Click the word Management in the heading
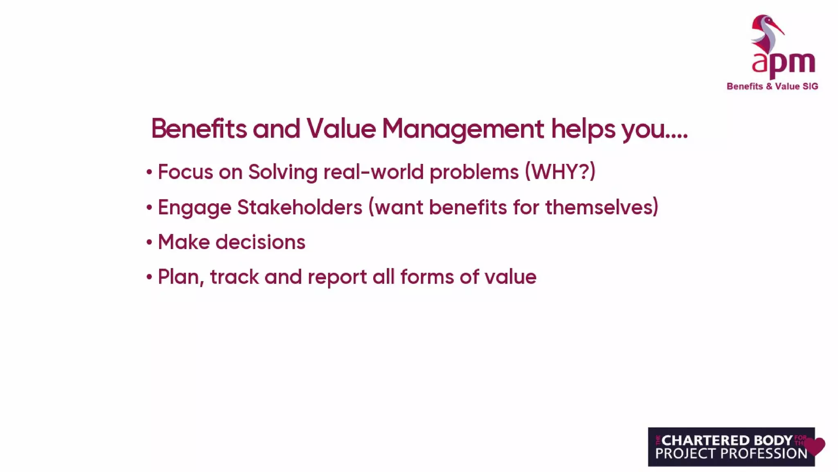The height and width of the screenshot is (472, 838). (463, 129)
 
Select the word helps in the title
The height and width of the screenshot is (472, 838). (583, 129)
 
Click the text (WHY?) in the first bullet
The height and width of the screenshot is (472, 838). (560, 172)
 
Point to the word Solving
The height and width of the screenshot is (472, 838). (283, 172)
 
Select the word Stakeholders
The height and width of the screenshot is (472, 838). (300, 207)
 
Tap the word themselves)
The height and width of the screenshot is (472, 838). (602, 207)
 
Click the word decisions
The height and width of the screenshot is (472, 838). (260, 242)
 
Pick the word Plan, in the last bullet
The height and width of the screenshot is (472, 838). (181, 277)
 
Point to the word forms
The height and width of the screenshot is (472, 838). (427, 277)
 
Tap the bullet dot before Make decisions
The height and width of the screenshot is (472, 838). (149, 243)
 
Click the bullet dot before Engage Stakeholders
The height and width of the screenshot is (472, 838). (149, 207)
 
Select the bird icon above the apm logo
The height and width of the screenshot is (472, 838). (766, 33)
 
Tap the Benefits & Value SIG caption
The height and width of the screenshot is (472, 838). (772, 86)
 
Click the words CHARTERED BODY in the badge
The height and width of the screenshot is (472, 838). (727, 440)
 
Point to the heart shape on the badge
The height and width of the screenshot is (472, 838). (815, 446)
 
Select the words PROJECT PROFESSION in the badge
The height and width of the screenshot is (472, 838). (731, 454)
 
